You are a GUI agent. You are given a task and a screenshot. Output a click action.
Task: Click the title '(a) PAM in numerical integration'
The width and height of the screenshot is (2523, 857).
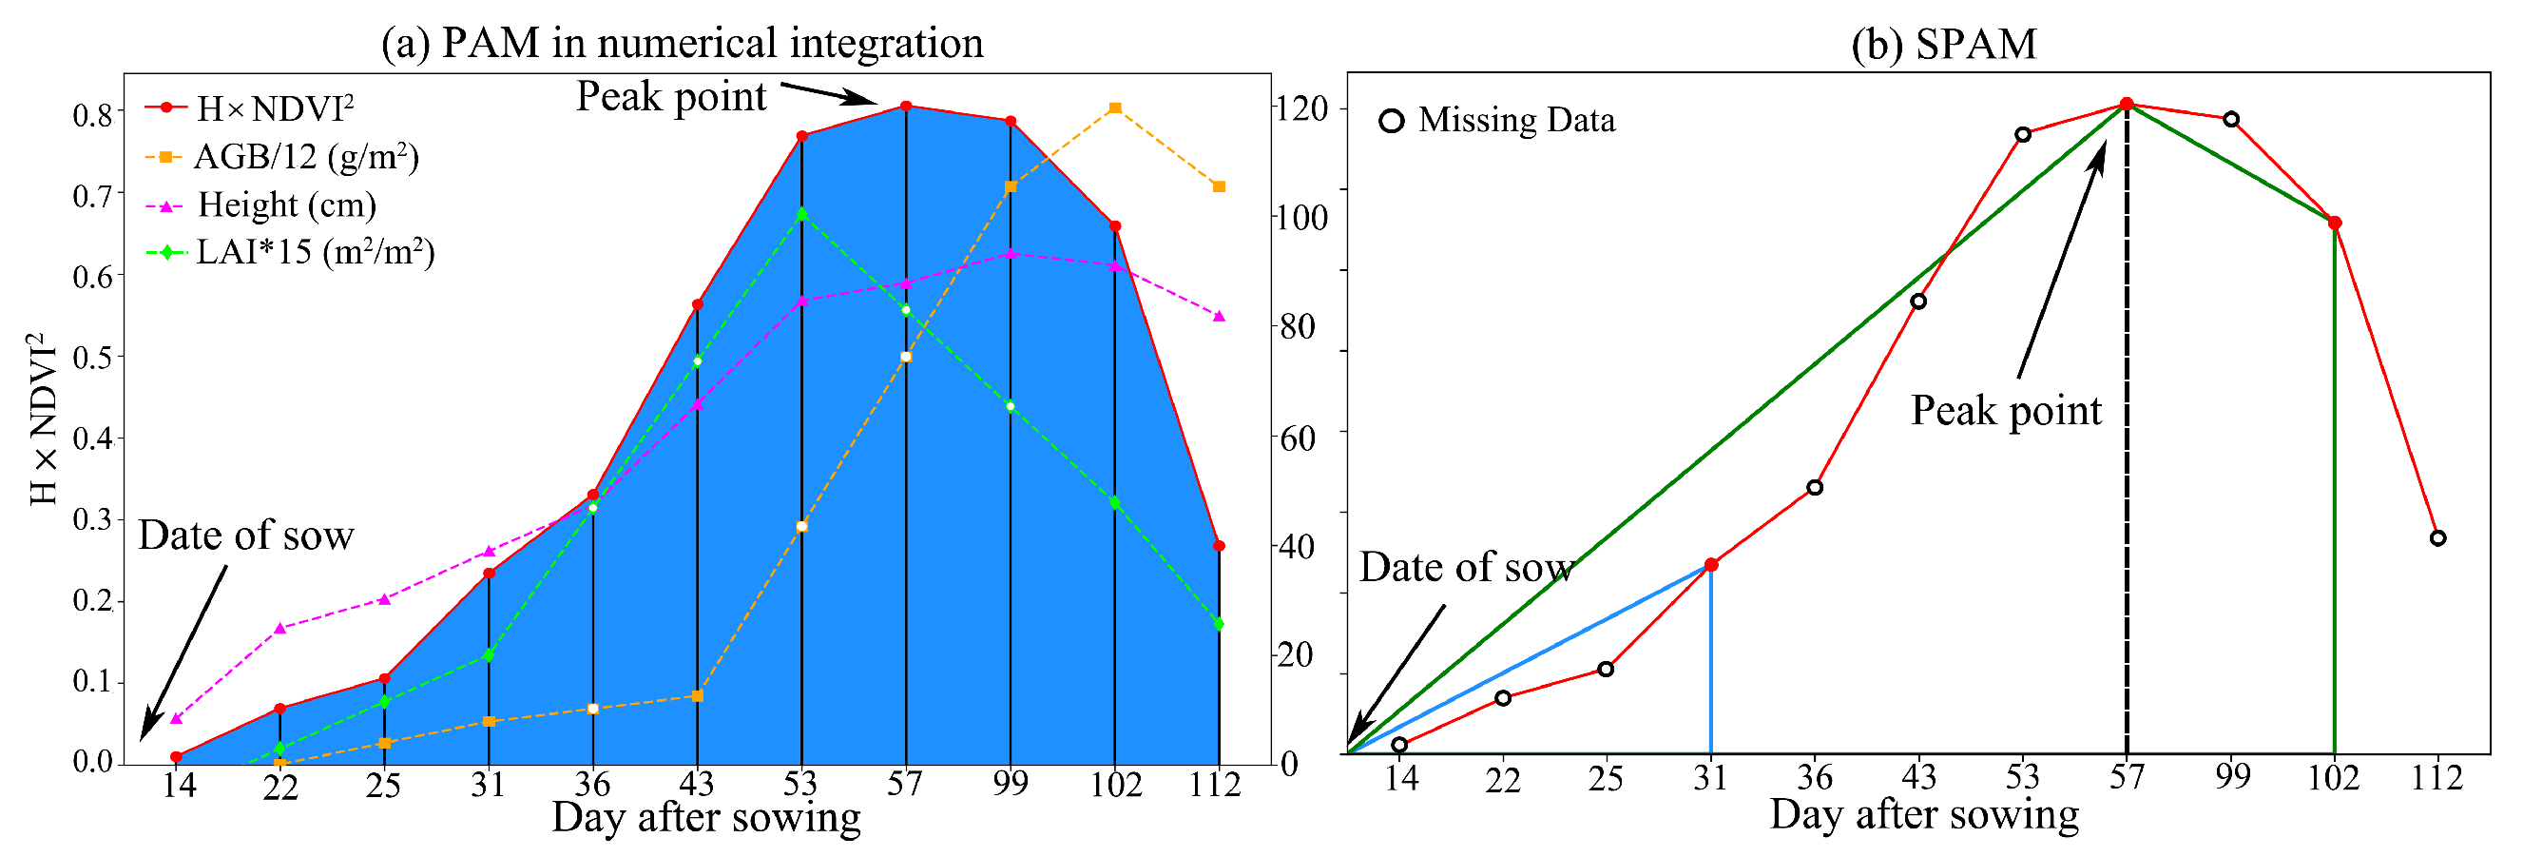point(682,43)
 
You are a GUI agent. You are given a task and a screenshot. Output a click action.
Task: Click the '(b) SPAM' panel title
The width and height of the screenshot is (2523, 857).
point(1943,43)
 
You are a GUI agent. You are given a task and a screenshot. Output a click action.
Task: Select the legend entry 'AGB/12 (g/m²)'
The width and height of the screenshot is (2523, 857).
point(305,157)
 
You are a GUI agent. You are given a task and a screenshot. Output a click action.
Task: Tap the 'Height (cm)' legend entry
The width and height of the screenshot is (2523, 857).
point(286,205)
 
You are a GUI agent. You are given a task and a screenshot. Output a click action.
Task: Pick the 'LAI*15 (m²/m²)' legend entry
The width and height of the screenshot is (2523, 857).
point(315,253)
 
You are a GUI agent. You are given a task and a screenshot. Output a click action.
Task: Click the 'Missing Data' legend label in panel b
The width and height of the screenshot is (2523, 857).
point(1516,121)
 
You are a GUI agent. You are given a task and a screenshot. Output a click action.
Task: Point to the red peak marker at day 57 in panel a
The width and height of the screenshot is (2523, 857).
point(906,107)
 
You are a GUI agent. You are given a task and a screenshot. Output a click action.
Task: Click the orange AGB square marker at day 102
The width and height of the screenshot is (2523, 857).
point(1114,108)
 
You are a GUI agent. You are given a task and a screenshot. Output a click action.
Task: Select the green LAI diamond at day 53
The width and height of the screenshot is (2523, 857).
point(802,213)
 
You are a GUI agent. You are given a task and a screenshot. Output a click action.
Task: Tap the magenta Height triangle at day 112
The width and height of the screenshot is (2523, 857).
point(1220,317)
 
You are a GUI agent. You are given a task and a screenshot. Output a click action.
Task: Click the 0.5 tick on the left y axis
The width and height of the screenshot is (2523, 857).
point(92,358)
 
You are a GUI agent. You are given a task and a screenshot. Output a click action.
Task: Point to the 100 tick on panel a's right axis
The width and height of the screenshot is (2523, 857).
point(1303,218)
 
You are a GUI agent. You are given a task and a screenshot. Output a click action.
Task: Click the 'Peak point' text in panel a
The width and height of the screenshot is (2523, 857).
point(671,97)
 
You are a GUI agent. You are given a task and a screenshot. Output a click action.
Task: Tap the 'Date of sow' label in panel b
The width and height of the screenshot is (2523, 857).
point(1466,568)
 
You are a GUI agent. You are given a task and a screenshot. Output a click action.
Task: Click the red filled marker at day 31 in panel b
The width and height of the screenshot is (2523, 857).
point(1711,565)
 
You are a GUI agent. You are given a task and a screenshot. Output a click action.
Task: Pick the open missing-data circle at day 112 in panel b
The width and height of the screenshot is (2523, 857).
point(2437,538)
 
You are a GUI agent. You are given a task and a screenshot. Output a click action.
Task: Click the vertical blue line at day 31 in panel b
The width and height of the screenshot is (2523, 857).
point(1711,666)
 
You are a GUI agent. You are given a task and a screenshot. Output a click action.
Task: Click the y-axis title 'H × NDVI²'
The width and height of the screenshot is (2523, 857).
point(43,419)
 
